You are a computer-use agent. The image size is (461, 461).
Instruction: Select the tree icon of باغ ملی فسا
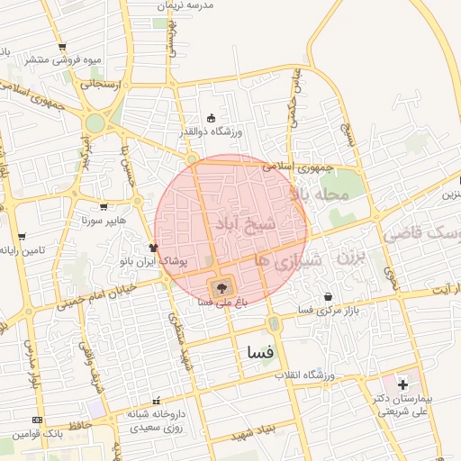(x=221, y=287)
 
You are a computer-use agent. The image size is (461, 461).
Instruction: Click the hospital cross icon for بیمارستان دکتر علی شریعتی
(x=402, y=386)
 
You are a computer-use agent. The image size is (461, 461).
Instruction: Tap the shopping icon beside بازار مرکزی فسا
(x=328, y=296)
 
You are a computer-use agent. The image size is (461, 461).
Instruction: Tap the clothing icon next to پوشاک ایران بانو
(x=153, y=248)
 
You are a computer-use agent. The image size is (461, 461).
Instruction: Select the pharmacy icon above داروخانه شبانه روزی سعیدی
(x=158, y=401)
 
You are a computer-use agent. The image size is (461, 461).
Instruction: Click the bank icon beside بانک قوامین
(x=37, y=420)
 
